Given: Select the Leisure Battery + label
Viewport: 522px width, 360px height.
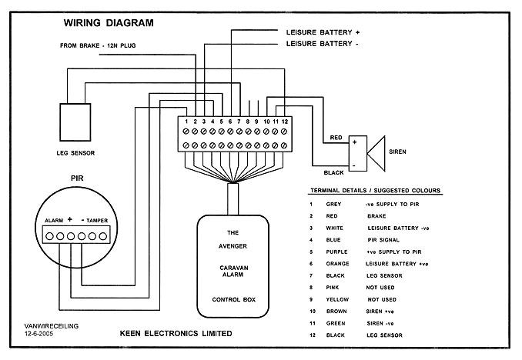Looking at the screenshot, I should coord(323,33).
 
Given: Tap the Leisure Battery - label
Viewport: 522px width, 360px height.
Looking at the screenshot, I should coord(322,45).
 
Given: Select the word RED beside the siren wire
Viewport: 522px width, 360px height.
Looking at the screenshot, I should coord(336,138).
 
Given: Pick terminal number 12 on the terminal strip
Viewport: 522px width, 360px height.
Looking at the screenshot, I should coord(285,122).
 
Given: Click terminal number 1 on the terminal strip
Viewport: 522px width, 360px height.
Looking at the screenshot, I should coord(186,122).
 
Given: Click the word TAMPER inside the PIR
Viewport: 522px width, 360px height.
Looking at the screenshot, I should coord(97,221).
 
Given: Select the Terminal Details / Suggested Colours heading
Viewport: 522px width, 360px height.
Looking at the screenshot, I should coord(380,190).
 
